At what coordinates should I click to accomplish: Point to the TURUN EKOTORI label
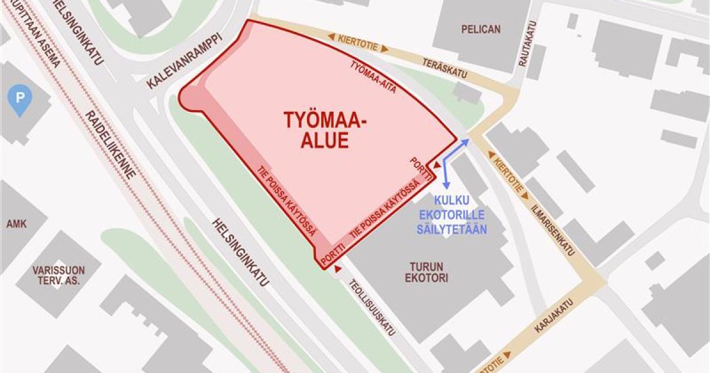[426, 272]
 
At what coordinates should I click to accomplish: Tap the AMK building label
[14, 224]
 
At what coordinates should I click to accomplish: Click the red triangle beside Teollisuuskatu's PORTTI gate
[338, 269]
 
